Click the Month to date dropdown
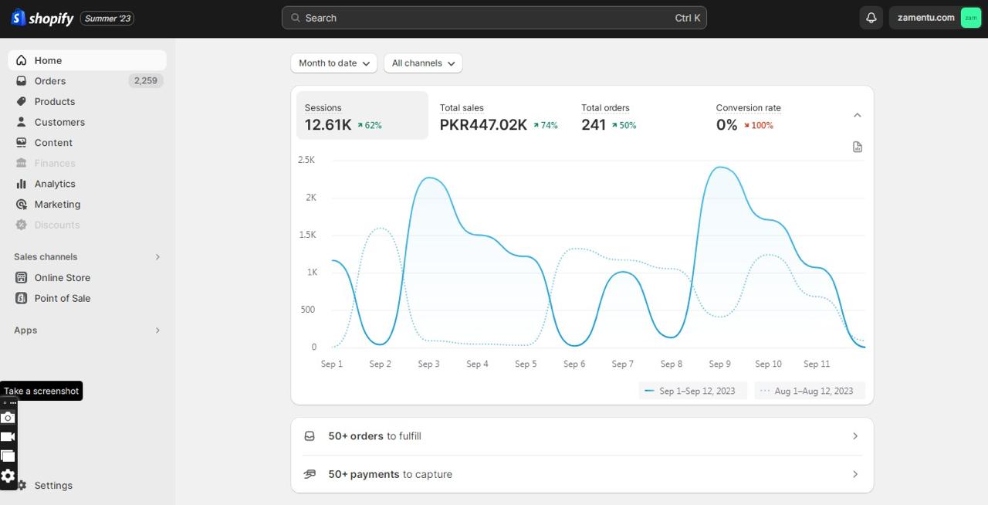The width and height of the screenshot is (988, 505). (x=334, y=63)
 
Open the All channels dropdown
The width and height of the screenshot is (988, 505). (x=423, y=63)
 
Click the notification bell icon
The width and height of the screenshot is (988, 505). (x=871, y=18)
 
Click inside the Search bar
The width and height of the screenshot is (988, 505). (x=494, y=18)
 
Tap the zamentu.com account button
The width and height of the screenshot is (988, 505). (x=936, y=18)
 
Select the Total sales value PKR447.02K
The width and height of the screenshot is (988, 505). (x=483, y=125)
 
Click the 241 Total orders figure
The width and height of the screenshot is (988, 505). (x=594, y=125)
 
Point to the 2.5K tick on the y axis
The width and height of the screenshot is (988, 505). (x=306, y=160)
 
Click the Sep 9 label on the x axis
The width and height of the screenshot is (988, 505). (x=720, y=364)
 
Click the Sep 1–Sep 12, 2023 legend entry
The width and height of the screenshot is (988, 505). (x=692, y=391)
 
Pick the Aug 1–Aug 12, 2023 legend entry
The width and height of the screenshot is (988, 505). (x=810, y=391)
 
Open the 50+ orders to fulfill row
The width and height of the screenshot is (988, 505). (x=582, y=436)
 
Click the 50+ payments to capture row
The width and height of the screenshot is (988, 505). (x=582, y=474)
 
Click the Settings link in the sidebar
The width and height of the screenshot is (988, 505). (x=53, y=485)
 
